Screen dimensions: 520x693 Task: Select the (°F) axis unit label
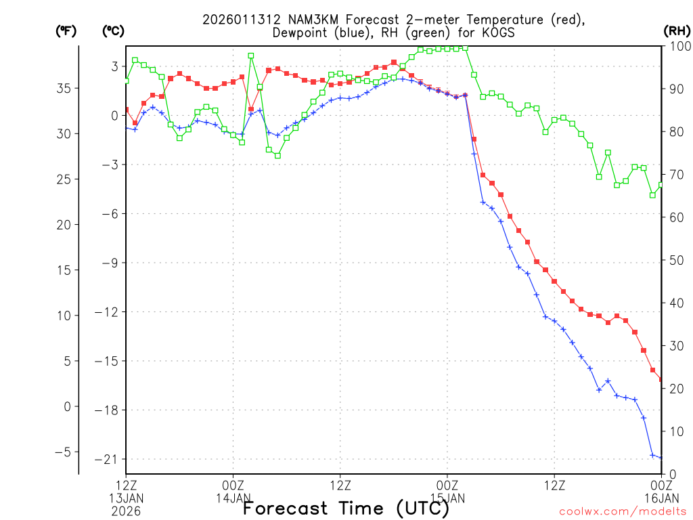tap(66, 30)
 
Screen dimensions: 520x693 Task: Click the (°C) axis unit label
tap(113, 30)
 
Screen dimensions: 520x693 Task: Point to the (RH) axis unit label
tap(677, 30)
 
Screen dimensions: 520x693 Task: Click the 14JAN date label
tap(233, 498)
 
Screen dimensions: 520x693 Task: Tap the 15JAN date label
tap(447, 498)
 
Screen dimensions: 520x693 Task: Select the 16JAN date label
tap(661, 498)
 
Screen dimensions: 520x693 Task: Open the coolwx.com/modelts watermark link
tap(622, 511)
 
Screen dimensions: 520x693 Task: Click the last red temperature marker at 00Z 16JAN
tap(661, 379)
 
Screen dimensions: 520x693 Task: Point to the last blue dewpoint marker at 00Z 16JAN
tap(661, 458)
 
